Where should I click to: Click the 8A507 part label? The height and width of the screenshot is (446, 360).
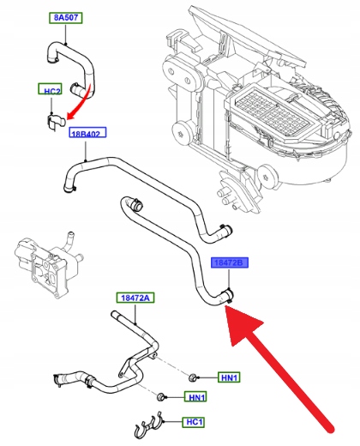point(65,18)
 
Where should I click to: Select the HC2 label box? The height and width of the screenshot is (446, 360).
point(50,89)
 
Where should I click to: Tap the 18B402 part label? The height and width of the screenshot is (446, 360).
point(87,132)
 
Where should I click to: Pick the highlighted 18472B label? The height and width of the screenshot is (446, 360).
point(230,262)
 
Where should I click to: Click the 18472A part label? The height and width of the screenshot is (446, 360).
point(135,298)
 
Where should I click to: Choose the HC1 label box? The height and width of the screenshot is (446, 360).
point(194,422)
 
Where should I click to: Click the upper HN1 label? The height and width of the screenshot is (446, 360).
point(229,377)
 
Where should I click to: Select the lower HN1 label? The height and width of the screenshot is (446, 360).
point(195,397)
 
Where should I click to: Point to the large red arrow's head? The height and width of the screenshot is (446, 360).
point(242,323)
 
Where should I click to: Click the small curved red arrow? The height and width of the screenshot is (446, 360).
point(85,102)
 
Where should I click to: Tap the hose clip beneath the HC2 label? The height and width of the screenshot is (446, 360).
point(56,122)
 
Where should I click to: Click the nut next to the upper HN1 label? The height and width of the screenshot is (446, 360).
point(193,377)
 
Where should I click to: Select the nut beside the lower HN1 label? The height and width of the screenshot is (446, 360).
point(161,397)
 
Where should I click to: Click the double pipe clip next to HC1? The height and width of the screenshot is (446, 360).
point(148,427)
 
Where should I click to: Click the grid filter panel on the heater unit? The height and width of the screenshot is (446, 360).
point(273,111)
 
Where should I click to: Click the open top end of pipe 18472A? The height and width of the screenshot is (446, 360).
point(113,314)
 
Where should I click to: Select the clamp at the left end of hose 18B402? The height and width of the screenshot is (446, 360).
point(69,189)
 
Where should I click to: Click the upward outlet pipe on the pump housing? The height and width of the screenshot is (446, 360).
point(68,241)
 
